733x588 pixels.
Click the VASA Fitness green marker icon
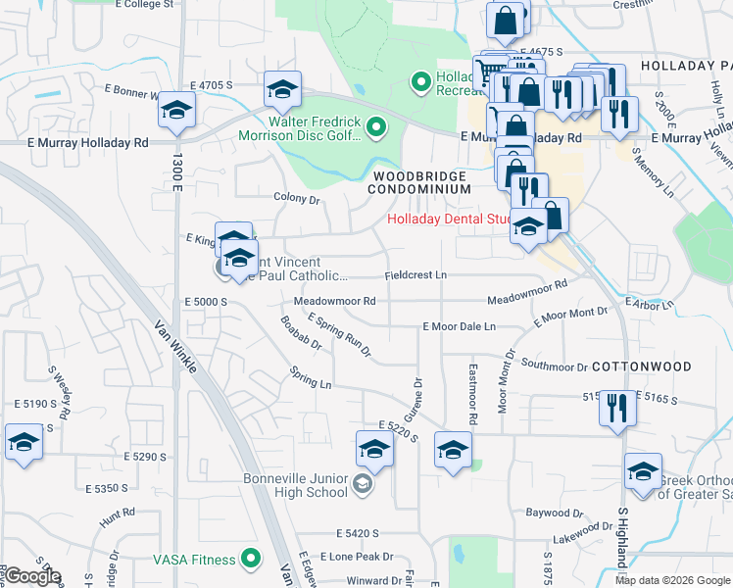(x=251, y=560)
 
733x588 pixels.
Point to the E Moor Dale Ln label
(x=460, y=325)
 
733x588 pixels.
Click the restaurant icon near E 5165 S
(x=617, y=407)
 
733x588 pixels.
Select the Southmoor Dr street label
(x=554, y=367)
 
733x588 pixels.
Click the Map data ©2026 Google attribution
(x=671, y=580)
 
